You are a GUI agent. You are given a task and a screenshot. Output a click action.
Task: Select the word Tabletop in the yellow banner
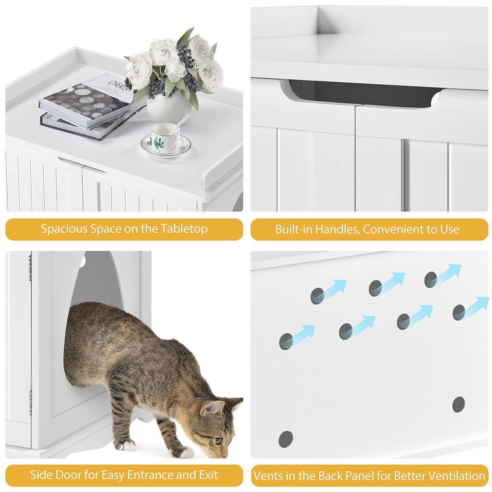click(184, 229)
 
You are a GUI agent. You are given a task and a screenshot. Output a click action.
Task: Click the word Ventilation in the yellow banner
click(456, 476)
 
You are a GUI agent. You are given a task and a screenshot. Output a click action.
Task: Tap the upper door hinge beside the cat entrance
click(30, 267)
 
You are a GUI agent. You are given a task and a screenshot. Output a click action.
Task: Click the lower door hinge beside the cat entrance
click(30, 401)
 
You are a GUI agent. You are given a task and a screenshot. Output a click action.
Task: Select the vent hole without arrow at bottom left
click(286, 439)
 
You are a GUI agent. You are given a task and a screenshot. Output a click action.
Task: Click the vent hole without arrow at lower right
click(458, 404)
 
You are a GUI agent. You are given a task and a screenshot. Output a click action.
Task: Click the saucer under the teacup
click(166, 148)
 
